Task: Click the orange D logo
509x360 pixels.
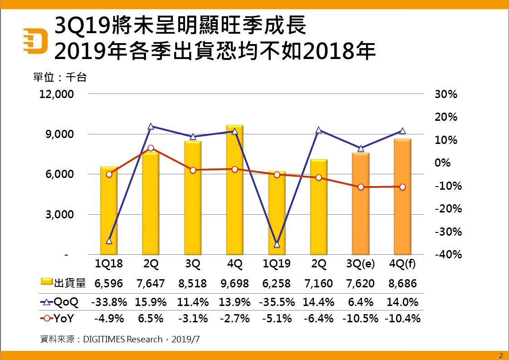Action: [35, 40]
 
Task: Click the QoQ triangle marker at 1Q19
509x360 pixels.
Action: [277, 244]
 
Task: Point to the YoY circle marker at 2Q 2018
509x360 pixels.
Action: [151, 148]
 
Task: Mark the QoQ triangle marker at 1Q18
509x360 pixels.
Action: [109, 241]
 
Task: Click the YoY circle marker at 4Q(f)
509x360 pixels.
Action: [402, 187]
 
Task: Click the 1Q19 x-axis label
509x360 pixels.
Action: [277, 264]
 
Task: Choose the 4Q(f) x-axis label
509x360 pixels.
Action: [402, 264]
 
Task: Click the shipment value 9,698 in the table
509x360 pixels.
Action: [235, 284]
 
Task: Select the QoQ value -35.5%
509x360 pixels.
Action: [277, 302]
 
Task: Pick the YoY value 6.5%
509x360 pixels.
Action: [151, 319]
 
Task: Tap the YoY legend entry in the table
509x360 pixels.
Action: [59, 319]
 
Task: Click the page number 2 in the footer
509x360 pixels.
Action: [501, 355]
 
